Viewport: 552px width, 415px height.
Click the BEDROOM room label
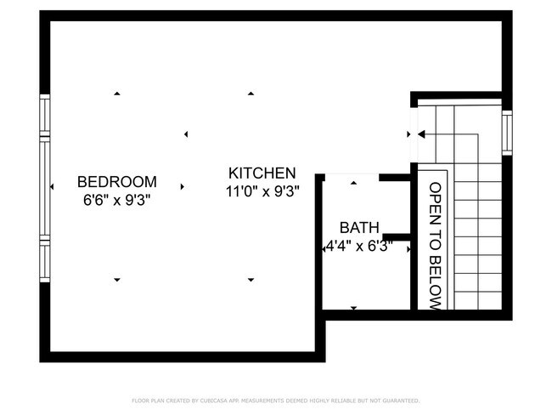(117, 181)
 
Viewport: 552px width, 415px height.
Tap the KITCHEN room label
(262, 173)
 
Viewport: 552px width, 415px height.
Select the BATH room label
(359, 228)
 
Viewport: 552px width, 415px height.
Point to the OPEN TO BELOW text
(435, 246)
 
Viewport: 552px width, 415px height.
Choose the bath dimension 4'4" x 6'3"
(359, 247)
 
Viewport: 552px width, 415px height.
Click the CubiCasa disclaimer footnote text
(276, 400)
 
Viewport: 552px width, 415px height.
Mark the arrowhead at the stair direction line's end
(420, 134)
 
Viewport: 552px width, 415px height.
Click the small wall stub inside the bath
(394, 235)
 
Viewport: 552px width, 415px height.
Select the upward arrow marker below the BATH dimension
(353, 307)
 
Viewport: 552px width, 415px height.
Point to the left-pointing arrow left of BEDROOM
(53, 186)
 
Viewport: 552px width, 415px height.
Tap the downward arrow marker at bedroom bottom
(117, 281)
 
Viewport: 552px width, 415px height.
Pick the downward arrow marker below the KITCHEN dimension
(251, 281)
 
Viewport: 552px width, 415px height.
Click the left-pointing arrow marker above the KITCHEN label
(186, 134)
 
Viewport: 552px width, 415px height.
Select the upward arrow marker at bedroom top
(117, 93)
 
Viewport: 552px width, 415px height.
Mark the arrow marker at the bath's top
(353, 182)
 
